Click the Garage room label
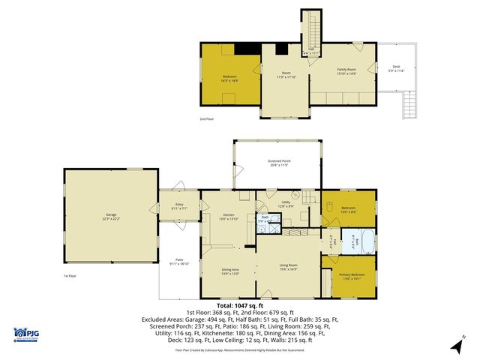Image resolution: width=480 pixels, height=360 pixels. [110, 217]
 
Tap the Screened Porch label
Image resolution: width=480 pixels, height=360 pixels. [277, 163]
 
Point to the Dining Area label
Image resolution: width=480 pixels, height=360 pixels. [229, 271]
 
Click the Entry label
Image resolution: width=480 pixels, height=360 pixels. [179, 205]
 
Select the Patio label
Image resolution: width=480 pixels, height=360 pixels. [179, 262]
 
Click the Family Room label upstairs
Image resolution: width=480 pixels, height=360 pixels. [346, 72]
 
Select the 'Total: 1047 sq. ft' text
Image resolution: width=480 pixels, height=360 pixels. [240, 305]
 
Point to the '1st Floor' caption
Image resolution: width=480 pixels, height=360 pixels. [69, 276]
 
